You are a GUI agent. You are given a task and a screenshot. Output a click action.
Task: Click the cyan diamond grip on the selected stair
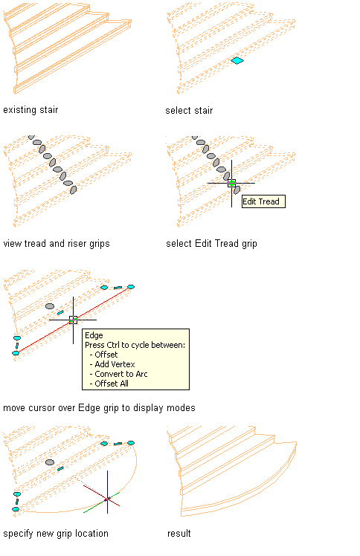tap(237, 61)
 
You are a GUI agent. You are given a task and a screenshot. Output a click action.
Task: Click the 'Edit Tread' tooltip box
tap(263, 201)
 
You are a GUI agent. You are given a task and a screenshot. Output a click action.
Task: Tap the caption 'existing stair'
tap(30, 110)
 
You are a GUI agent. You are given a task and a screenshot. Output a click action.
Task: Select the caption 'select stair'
tap(189, 111)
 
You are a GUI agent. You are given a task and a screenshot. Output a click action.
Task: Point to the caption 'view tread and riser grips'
tap(57, 244)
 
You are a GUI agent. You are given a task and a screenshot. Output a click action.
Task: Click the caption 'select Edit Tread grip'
tap(211, 244)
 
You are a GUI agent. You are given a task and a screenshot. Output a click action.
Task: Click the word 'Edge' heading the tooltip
tap(94, 335)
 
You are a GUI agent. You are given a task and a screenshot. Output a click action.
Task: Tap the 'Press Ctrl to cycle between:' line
tap(135, 345)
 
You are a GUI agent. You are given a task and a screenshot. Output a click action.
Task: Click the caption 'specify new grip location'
tap(56, 533)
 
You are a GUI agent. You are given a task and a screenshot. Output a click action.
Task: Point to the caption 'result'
tap(179, 533)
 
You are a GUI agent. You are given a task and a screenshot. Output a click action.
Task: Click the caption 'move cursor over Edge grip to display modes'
tap(100, 408)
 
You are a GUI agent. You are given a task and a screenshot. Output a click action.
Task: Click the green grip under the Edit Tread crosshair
tap(231, 184)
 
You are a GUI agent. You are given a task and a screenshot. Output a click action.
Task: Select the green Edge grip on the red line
tap(73, 320)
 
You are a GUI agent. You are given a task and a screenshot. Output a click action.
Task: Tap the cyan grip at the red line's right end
tap(131, 287)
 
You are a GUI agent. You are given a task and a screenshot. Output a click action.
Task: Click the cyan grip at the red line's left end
tap(16, 353)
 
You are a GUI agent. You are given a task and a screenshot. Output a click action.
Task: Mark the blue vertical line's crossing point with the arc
tap(107, 500)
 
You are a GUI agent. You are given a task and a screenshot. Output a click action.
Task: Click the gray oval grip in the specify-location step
tap(50, 462)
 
